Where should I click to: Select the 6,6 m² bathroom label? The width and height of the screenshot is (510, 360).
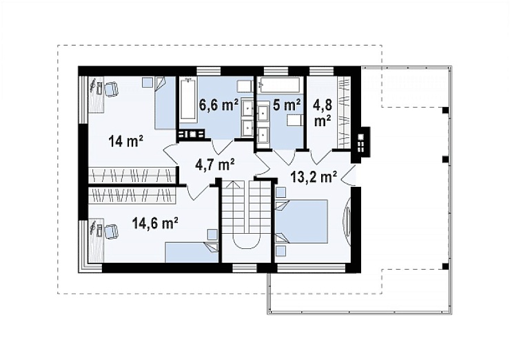[219, 105]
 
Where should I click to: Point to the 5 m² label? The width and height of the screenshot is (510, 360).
[287, 105]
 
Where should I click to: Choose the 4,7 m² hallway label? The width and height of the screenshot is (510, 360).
[214, 164]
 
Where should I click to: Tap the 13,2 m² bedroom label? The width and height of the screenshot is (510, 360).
[313, 177]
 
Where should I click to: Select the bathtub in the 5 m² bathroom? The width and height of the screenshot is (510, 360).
[280, 85]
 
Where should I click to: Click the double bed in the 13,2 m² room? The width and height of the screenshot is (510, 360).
[301, 221]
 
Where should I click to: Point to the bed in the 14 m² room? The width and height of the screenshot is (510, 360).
[165, 103]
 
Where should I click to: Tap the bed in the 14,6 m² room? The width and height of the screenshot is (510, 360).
[192, 252]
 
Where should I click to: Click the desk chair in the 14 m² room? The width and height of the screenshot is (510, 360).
[111, 88]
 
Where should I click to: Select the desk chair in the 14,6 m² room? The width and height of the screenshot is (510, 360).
[111, 230]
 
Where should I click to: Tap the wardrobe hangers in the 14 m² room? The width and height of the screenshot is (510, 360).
[132, 174]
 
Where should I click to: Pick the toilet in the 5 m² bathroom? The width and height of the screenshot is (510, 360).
[294, 122]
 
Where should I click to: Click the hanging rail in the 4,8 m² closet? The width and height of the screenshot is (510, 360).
[344, 113]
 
